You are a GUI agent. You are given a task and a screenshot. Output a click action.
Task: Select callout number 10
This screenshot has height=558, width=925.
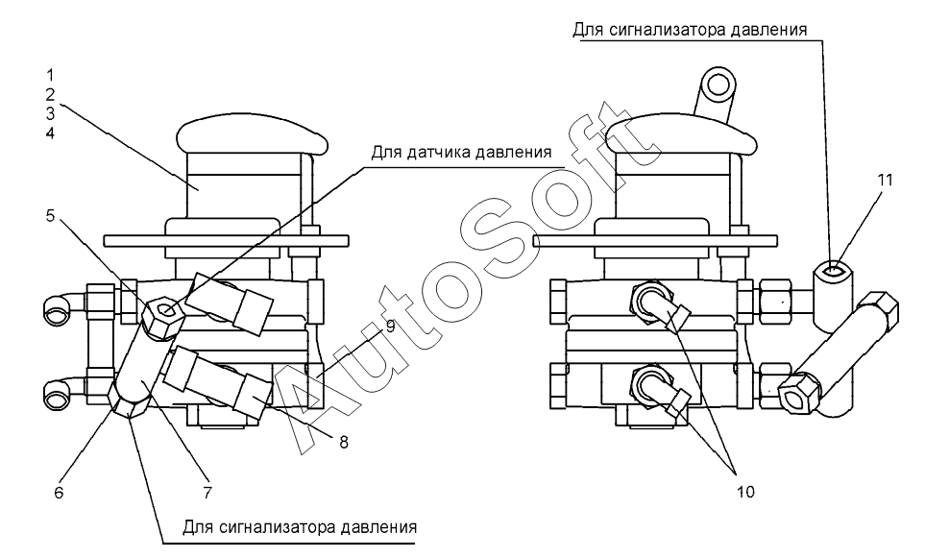745,492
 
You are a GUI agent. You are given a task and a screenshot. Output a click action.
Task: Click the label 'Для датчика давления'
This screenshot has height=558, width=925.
462,151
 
